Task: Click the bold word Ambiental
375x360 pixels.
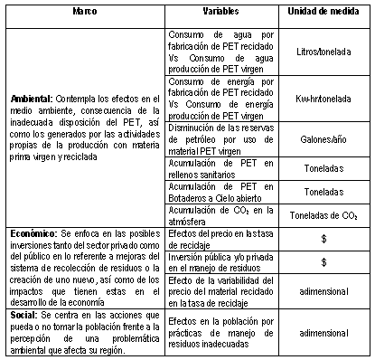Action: [x=33, y=97]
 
